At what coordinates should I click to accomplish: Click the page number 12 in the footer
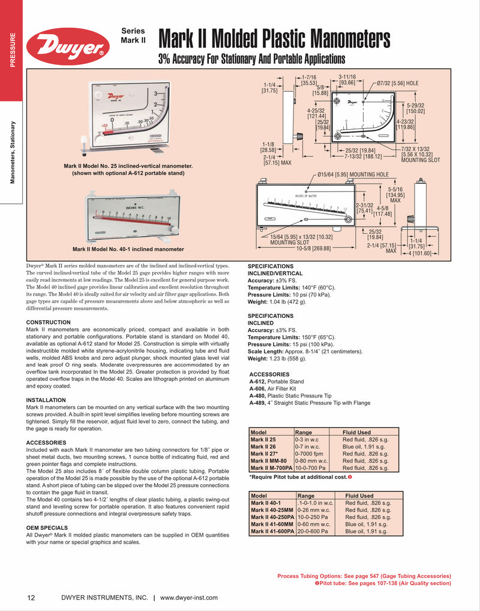coord(31,598)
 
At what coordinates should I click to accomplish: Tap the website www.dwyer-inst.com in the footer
coord(189,598)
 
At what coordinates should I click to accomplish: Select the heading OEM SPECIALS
coord(47,527)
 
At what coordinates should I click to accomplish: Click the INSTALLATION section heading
coord(46,400)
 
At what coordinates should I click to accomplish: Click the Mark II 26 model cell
coord(264,446)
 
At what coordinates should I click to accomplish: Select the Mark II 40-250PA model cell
coord(272,517)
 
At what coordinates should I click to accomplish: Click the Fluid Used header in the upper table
coord(356,432)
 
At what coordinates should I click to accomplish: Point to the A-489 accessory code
coord(257,403)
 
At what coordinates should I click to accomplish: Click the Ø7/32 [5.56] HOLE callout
coord(398,83)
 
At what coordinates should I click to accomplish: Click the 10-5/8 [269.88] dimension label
coord(313,248)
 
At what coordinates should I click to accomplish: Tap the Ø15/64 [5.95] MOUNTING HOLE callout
coord(352,174)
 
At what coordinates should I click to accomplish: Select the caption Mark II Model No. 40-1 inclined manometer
coord(128,249)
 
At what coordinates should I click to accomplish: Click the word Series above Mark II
coord(133,31)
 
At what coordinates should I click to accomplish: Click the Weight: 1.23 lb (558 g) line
coord(277,359)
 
